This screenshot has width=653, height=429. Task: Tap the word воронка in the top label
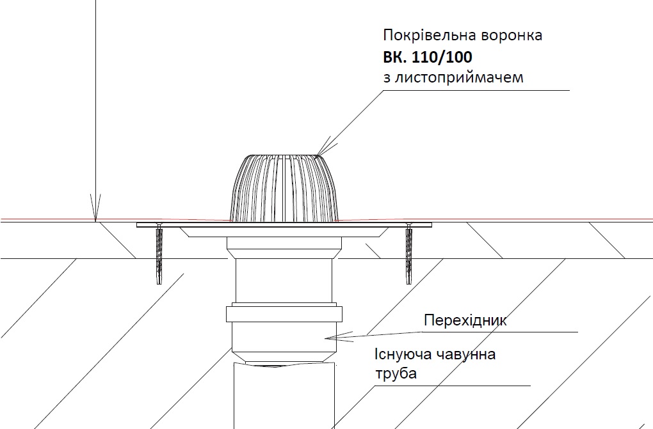(512, 35)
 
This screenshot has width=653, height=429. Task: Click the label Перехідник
(465, 320)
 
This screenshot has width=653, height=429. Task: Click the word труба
(396, 373)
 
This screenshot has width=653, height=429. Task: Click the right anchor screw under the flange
(408, 256)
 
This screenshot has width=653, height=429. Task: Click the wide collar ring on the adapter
(283, 314)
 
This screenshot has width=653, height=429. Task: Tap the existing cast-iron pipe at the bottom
(283, 396)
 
